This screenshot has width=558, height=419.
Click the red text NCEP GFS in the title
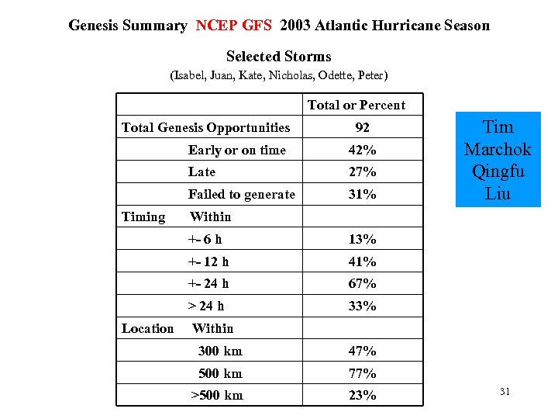click(x=233, y=26)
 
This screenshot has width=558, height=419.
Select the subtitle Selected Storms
click(x=278, y=57)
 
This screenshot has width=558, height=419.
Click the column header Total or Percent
click(x=356, y=105)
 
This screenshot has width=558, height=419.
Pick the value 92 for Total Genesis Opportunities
click(x=362, y=128)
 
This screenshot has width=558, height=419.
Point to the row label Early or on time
click(x=236, y=150)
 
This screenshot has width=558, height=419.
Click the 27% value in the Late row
click(x=362, y=172)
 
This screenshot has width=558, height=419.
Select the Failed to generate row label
click(x=241, y=195)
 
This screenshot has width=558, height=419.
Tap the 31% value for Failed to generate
click(x=362, y=195)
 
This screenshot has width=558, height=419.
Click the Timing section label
click(x=143, y=217)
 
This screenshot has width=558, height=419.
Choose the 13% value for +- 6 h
click(x=362, y=239)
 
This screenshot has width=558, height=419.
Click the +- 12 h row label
click(x=208, y=261)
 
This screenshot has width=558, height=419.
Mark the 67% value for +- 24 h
click(x=362, y=284)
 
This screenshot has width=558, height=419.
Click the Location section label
click(x=147, y=328)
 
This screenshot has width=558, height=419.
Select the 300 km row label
click(x=220, y=351)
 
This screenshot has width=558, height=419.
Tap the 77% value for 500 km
click(x=362, y=373)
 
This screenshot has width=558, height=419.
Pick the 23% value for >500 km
click(x=362, y=395)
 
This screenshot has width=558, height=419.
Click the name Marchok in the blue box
click(x=498, y=149)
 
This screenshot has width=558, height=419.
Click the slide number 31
click(x=505, y=393)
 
